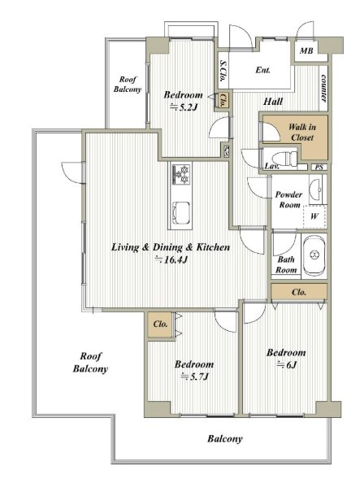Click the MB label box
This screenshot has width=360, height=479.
(306, 50)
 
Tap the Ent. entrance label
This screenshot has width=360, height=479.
(263, 70)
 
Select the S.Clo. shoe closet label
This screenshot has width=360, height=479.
(223, 71)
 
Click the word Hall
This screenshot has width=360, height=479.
(273, 102)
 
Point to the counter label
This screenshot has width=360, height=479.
(323, 88)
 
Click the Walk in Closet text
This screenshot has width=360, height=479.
(302, 133)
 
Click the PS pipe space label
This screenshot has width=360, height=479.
(319, 168)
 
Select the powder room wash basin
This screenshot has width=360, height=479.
(316, 189)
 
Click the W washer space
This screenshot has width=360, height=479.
(314, 216)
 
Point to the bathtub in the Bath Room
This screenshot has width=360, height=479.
(314, 255)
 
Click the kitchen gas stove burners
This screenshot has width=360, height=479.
(182, 174)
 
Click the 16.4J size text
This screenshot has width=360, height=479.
(171, 259)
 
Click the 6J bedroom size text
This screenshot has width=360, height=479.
(286, 365)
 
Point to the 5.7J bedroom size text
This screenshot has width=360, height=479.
(194, 377)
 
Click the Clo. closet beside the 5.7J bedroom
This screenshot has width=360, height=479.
(160, 324)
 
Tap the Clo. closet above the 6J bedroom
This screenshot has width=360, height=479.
(299, 292)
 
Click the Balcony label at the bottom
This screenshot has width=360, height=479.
(225, 439)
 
